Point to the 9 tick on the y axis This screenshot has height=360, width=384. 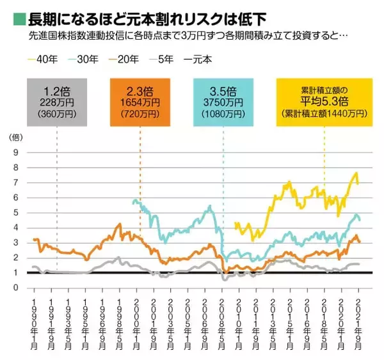(15, 153)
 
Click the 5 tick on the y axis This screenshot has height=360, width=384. (15, 213)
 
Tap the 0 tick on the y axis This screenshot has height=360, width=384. (15, 288)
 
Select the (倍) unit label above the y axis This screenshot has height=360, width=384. (15, 137)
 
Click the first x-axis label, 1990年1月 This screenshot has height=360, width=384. (34, 322)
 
